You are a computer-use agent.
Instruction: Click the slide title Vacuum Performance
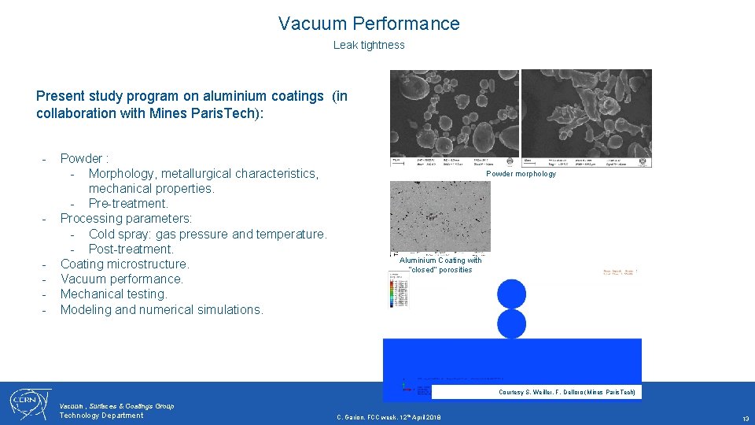[369, 24]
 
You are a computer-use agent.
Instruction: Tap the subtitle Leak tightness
[369, 45]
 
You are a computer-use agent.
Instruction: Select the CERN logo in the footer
[29, 403]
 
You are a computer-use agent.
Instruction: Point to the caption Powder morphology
[521, 174]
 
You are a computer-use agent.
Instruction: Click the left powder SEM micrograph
[455, 118]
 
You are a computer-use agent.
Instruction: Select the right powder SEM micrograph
[587, 118]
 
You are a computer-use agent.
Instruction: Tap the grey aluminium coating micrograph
[440, 216]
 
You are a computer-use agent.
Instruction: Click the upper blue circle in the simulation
[511, 294]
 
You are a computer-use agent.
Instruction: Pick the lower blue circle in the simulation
[511, 323]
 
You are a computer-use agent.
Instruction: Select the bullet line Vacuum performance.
[122, 279]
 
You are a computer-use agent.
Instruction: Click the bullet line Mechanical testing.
[114, 294]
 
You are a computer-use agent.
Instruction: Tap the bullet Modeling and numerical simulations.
[161, 309]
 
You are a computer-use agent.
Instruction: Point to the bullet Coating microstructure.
[125, 264]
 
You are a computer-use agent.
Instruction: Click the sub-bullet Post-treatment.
[131, 249]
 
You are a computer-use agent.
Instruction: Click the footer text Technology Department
[101, 416]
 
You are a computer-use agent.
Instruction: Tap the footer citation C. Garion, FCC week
[389, 417]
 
